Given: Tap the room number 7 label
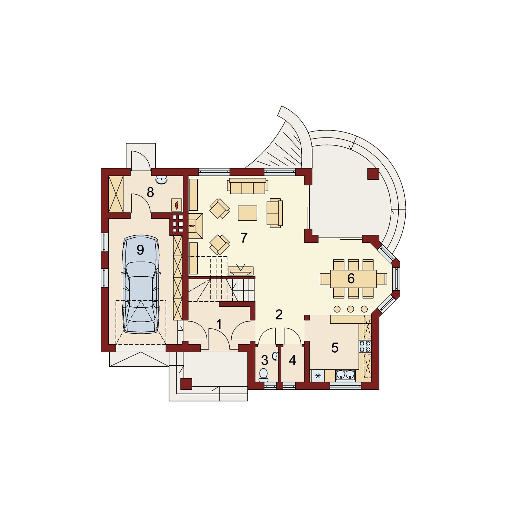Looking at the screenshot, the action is pyautogui.click(x=243, y=238).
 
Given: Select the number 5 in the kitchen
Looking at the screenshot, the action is pyautogui.click(x=335, y=348).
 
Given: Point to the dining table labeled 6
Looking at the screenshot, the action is pyautogui.click(x=353, y=279).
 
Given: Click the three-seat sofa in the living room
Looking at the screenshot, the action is pyautogui.click(x=247, y=186).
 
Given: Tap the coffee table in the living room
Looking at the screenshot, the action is pyautogui.click(x=247, y=213).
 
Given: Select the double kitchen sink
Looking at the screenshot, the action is pyautogui.click(x=345, y=375).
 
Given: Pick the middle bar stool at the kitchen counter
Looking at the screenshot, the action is pyautogui.click(x=350, y=309).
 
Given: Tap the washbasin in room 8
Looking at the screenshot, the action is pyautogui.click(x=163, y=180).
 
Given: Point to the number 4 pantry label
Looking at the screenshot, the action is pyautogui.click(x=292, y=360).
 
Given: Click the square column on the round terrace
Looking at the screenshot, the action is pyautogui.click(x=373, y=174).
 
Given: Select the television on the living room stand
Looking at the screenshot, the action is pyautogui.click(x=240, y=269).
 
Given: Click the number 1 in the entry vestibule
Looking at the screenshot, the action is pyautogui.click(x=219, y=324).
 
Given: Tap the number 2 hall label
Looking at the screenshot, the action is pyautogui.click(x=279, y=314).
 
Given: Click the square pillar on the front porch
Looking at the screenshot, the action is pyautogui.click(x=186, y=384).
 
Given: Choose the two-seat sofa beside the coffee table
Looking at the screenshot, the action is pyautogui.click(x=274, y=213).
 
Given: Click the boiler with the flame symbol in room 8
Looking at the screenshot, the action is pyautogui.click(x=177, y=205).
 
